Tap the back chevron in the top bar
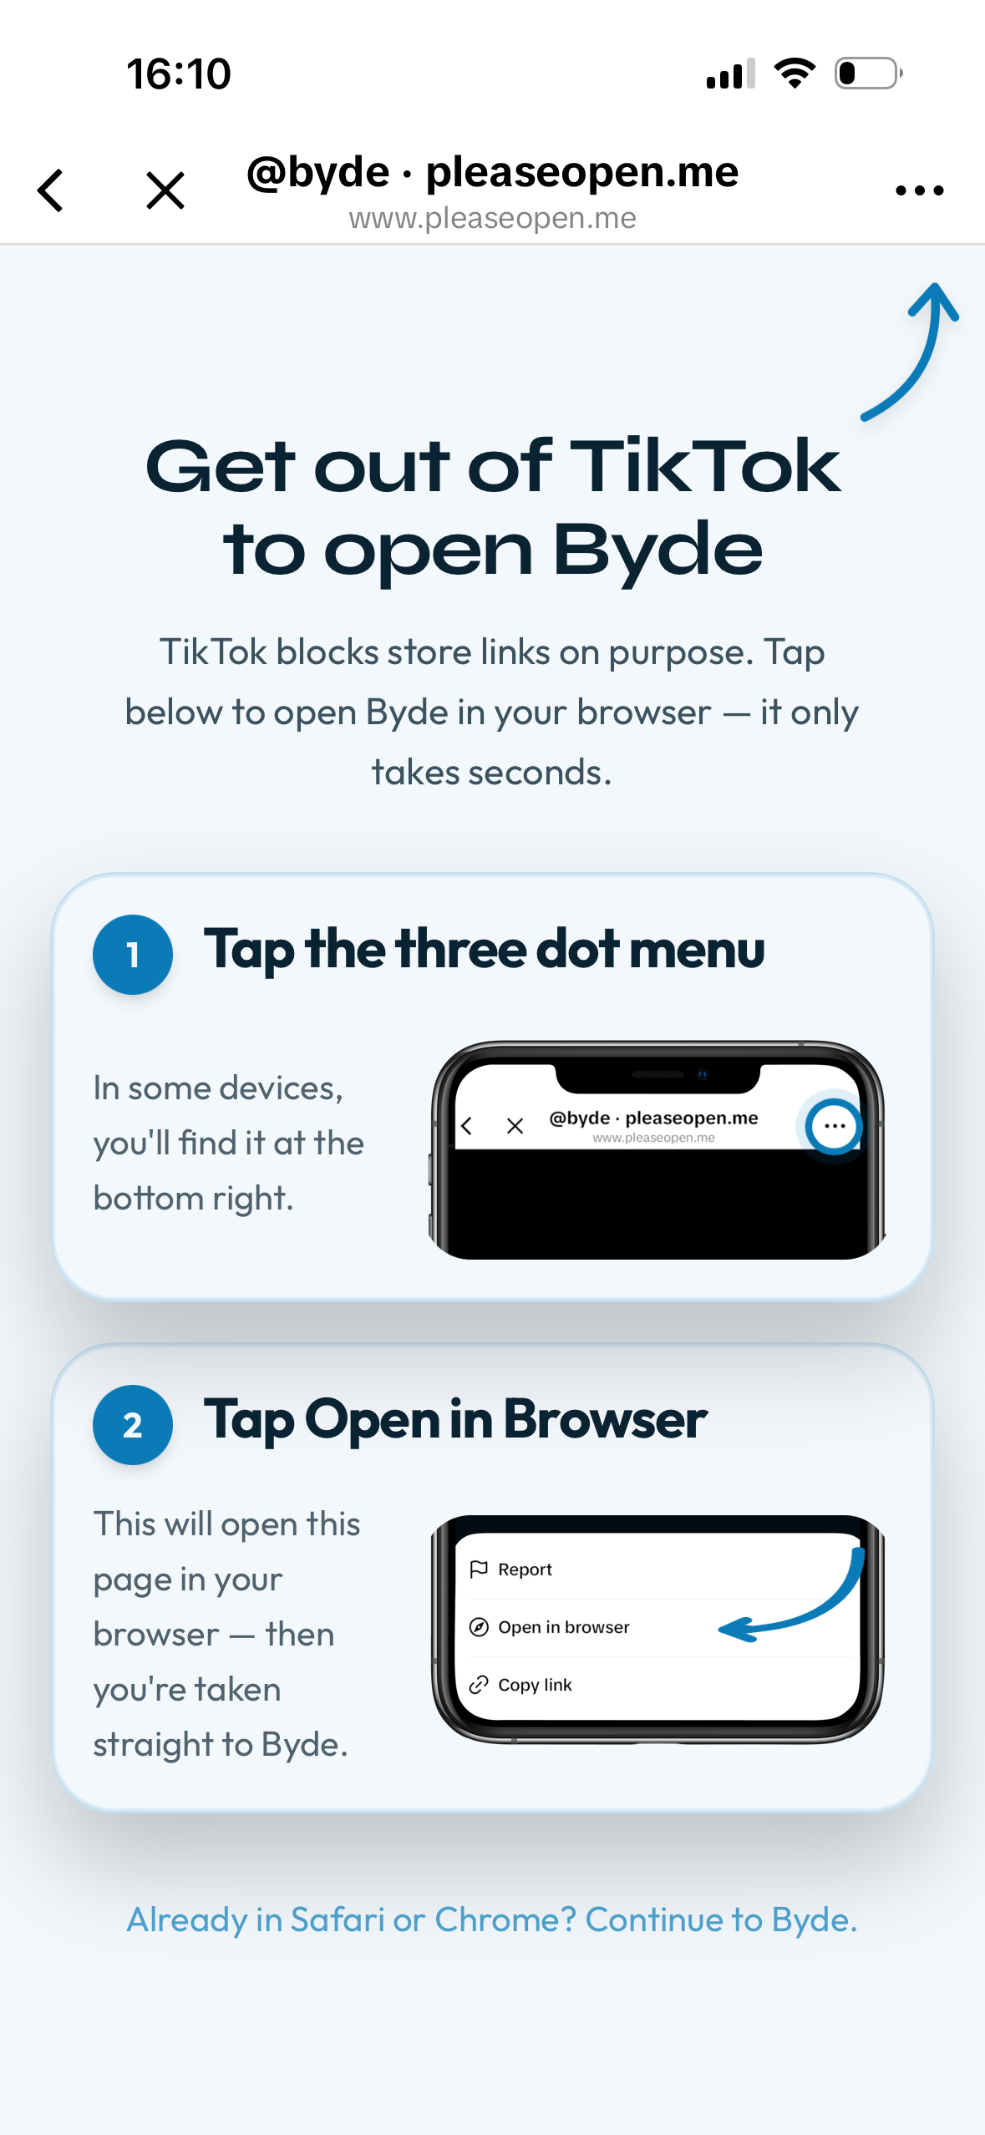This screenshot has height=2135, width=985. pos(50,190)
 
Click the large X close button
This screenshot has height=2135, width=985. pos(165,190)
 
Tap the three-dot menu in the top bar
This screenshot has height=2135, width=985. pos(919,190)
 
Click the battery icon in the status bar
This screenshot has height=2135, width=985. pos(869,74)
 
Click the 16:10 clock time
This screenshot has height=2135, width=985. pos(179,74)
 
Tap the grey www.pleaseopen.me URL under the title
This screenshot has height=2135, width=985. pos(492,218)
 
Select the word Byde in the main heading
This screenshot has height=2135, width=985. pos(658,550)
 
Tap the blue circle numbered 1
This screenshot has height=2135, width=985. pos(133,954)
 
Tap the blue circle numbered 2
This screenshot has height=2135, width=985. pos(133,1424)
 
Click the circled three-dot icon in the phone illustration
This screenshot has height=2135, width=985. pos(834,1126)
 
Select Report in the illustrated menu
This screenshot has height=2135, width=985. pos(525,1570)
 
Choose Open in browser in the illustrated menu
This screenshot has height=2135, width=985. pos(564,1627)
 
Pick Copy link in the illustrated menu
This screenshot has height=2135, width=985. pos(535,1685)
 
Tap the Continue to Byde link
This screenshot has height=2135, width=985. pos(721,1919)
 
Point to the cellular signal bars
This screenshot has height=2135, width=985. pos(731,74)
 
